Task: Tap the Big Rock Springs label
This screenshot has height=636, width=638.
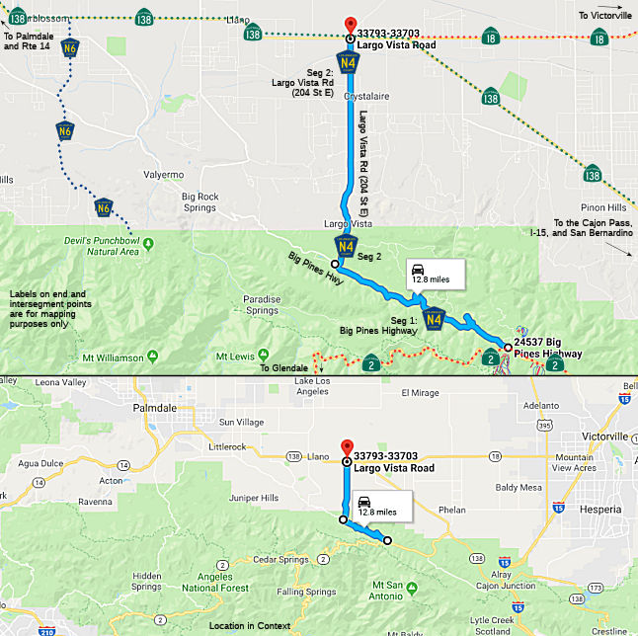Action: coord(199,202)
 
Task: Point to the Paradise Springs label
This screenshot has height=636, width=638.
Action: coord(261,304)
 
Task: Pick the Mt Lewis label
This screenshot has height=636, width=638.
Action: coord(242,356)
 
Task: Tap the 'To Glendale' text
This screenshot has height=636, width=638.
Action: coord(283,368)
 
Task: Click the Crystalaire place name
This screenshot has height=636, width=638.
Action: coord(367,97)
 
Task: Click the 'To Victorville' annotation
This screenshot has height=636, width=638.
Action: coord(603,16)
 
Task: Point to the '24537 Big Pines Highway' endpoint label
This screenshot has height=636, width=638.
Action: coord(548,348)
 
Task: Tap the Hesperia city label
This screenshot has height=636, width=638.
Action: coord(600,508)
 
